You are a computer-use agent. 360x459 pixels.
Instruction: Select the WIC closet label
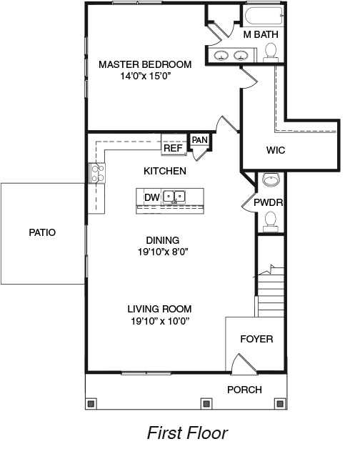(x=276, y=151)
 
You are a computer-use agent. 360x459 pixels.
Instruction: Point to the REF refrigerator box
(x=174, y=148)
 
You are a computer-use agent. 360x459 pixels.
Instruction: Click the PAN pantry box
(x=199, y=140)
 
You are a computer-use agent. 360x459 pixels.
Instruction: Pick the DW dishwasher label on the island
(x=151, y=197)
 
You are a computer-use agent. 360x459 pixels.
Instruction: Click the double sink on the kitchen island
(x=174, y=197)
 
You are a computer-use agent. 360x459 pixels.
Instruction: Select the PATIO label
(x=42, y=232)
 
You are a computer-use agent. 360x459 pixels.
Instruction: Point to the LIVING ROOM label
(x=159, y=309)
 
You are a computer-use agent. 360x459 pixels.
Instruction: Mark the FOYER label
(x=256, y=339)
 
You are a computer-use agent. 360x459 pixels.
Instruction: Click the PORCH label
(x=244, y=390)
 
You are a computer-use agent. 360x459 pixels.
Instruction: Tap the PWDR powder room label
(x=269, y=202)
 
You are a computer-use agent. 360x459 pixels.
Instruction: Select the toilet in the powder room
(x=270, y=220)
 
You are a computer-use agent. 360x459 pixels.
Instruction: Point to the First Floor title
(x=187, y=433)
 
